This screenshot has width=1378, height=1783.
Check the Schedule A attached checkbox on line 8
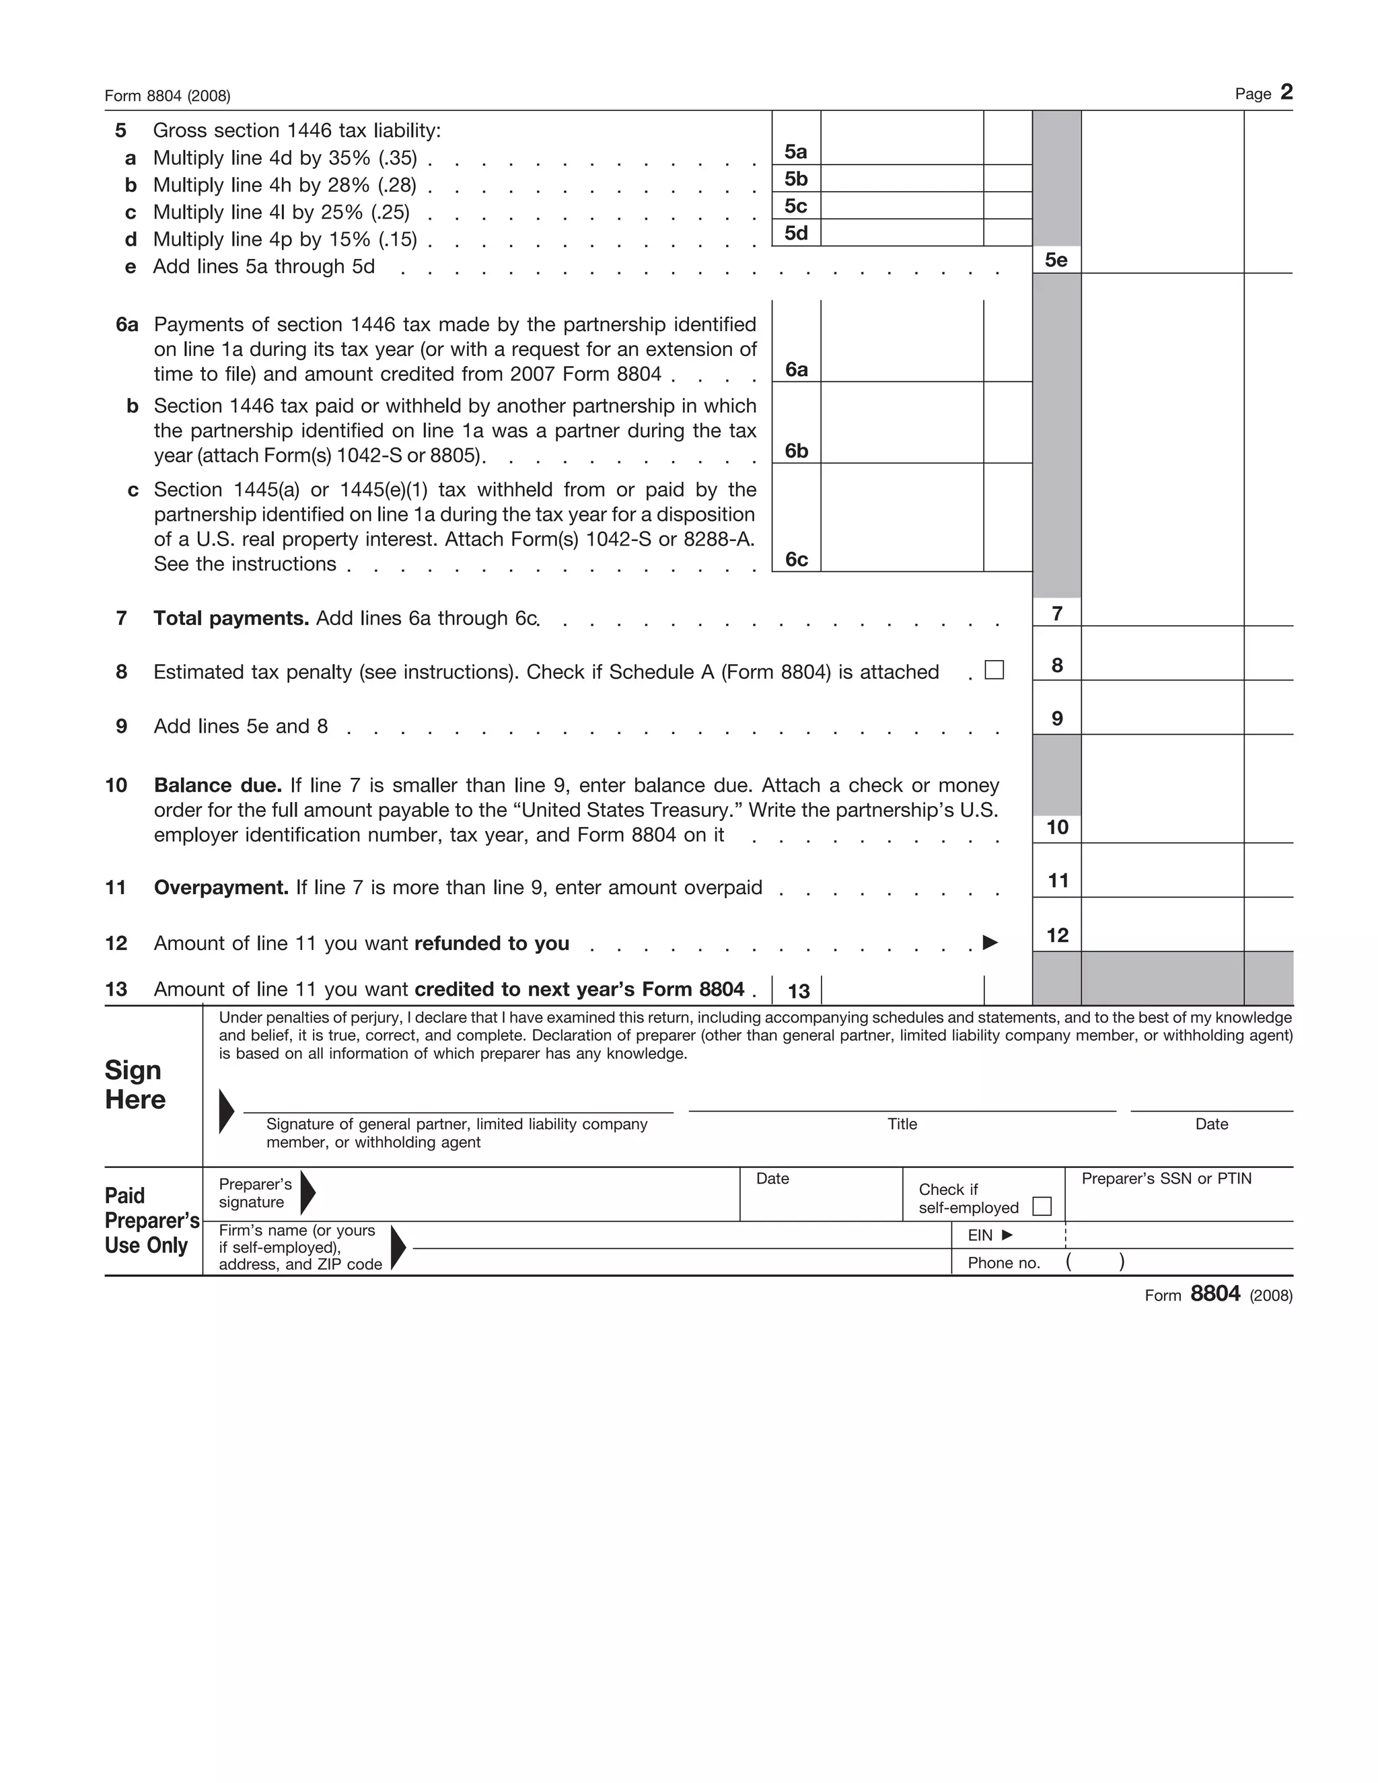pyautogui.click(x=994, y=670)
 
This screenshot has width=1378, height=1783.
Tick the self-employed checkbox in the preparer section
pyautogui.click(x=1042, y=1206)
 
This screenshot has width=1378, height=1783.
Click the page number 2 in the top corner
pyautogui.click(x=1286, y=92)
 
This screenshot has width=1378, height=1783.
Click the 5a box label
pyautogui.click(x=796, y=152)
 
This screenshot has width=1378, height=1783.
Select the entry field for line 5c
pyautogui.click(x=901, y=206)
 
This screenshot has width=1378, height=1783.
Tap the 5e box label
pyautogui.click(x=1056, y=260)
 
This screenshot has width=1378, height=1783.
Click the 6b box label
pyautogui.click(x=797, y=451)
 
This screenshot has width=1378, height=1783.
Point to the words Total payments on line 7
pyautogui.click(x=231, y=619)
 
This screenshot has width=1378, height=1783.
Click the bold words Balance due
pyautogui.click(x=218, y=785)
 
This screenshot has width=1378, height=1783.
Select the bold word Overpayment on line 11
pyautogui.click(x=221, y=888)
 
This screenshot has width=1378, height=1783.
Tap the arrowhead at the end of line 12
pyautogui.click(x=990, y=943)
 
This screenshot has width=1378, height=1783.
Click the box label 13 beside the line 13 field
pyautogui.click(x=799, y=991)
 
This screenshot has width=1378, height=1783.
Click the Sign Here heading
pyautogui.click(x=135, y=1085)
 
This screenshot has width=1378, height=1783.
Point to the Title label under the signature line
pyautogui.click(x=902, y=1124)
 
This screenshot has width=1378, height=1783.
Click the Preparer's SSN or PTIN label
pyautogui.click(x=1166, y=1179)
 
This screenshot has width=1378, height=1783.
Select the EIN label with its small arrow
pyautogui.click(x=989, y=1235)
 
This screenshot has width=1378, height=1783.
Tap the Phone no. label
pyautogui.click(x=1003, y=1263)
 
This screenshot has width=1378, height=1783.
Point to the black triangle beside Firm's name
pyautogui.click(x=398, y=1247)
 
